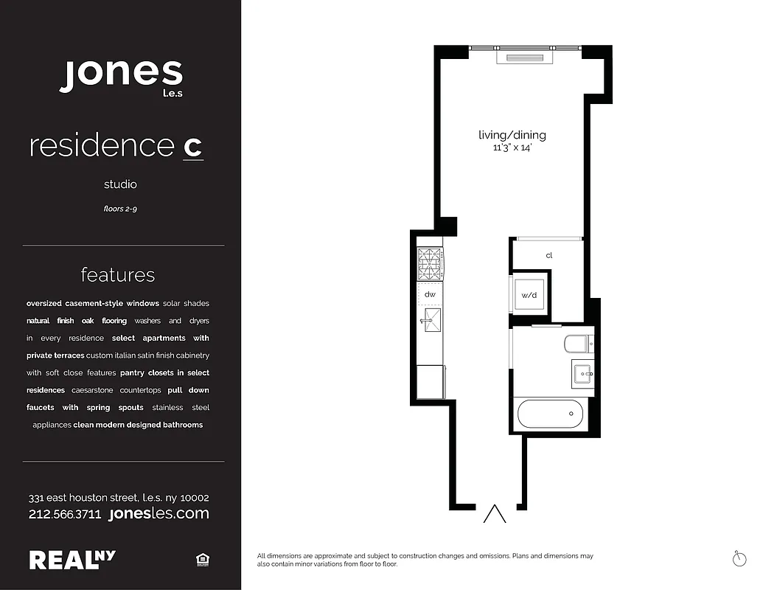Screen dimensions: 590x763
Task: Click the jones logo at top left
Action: (120, 75)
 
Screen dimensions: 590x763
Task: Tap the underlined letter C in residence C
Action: (192, 147)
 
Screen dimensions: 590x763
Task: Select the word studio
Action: (120, 184)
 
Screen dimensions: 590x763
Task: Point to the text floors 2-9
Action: (120, 209)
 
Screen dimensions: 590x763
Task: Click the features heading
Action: (118, 275)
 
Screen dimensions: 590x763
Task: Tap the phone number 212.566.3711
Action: (65, 514)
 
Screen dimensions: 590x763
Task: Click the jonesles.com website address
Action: (158, 513)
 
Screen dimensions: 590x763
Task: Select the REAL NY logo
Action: (72, 560)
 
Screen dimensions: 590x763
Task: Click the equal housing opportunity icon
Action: (203, 560)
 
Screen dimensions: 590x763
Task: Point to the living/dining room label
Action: (512, 135)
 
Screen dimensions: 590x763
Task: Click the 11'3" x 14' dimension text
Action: (512, 148)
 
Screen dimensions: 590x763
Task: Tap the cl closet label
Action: (549, 256)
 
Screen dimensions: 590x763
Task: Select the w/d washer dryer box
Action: (530, 294)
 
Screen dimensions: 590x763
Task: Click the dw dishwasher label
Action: (430, 294)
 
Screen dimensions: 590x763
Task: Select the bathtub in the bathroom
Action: (550, 414)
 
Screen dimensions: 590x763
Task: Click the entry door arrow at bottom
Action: (495, 513)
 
